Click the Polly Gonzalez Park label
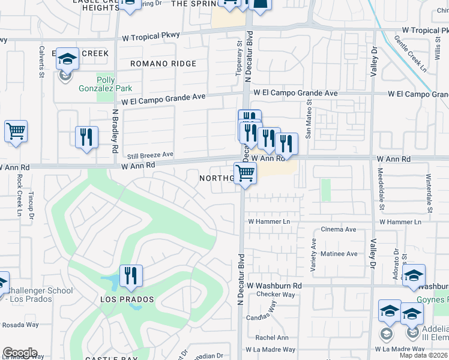[x=97, y=84]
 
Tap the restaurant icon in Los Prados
[x=131, y=275]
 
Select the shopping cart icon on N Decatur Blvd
[x=245, y=173]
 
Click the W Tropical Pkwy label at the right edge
[x=425, y=30]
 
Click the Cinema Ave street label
[x=339, y=229]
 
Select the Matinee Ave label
[x=339, y=254]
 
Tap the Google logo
[x=20, y=353]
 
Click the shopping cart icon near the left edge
[x=16, y=131]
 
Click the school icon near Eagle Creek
[x=67, y=59]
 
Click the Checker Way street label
[x=276, y=295]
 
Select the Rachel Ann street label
[x=272, y=337]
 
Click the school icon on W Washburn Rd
[x=414, y=275]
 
